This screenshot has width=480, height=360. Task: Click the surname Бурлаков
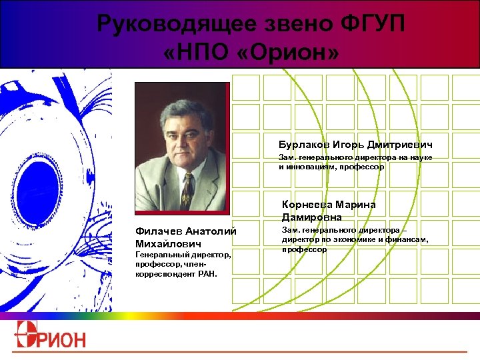pos(305,145)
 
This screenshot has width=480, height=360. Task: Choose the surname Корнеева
pos(310,205)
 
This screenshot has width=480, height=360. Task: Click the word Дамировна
pos(312,217)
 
